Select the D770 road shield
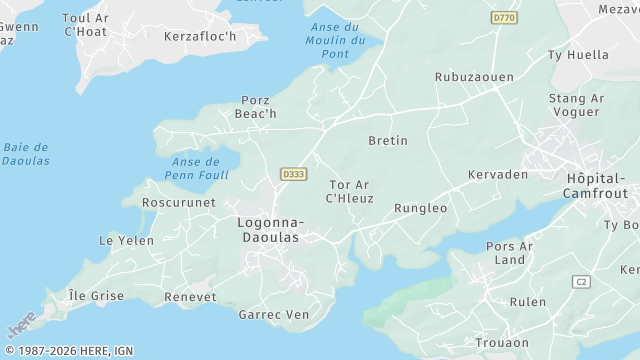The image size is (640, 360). [x=504, y=18]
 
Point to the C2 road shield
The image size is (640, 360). [x=581, y=282]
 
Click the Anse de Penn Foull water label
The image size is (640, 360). [x=195, y=168]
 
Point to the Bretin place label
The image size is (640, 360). [x=388, y=140]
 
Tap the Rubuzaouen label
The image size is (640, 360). [x=474, y=76]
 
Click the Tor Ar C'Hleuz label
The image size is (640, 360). [x=349, y=191]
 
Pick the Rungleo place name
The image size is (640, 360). [x=421, y=208]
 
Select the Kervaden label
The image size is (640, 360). [x=496, y=175]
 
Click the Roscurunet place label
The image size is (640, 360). [x=179, y=202]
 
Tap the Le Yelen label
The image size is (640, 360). [x=126, y=240]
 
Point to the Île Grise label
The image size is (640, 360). [x=96, y=296]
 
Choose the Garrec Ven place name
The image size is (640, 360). [x=274, y=314]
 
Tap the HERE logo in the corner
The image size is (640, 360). [x=20, y=327]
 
